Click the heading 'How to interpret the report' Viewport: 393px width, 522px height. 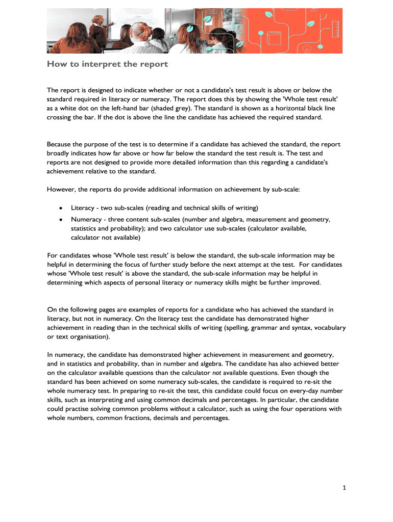point(107,65)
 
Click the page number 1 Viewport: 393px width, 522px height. point(345,488)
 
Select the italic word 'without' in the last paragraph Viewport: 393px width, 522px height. point(180,409)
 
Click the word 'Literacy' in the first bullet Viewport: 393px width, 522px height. point(83,208)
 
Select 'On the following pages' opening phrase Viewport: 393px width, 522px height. point(82,309)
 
